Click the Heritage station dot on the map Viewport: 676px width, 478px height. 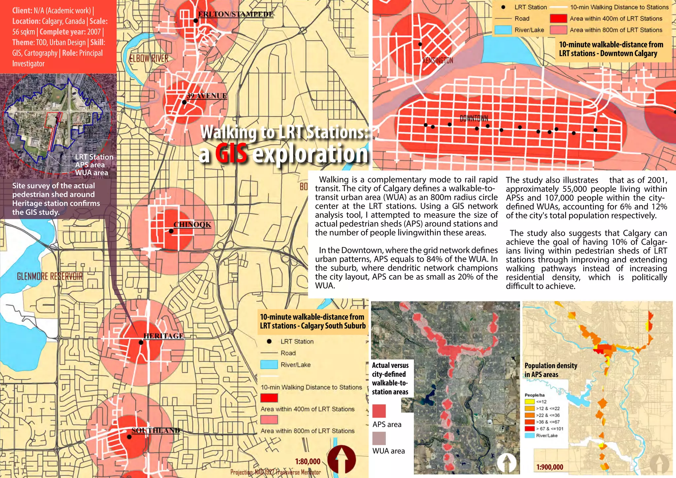141,342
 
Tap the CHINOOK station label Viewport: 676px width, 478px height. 192,225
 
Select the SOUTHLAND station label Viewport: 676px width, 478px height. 155,430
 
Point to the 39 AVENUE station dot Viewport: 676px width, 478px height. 185,102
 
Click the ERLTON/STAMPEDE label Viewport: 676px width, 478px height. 235,14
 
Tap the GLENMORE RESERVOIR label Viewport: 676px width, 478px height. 50,276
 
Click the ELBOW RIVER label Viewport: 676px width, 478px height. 149,59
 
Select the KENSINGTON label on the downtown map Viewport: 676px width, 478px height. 438,60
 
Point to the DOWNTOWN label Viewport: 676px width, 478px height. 474,118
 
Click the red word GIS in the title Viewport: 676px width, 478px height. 231,154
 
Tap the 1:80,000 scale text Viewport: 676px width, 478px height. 308,461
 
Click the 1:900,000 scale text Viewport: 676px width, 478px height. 550,467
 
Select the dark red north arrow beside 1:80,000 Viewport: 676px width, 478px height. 342,460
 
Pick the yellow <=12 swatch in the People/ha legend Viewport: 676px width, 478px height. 529,402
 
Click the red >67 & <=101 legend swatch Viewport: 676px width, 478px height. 529,428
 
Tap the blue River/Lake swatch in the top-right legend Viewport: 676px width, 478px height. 503,30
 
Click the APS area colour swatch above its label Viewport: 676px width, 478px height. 379,411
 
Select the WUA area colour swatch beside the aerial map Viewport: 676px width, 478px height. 379,438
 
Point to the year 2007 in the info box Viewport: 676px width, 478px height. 94,32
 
